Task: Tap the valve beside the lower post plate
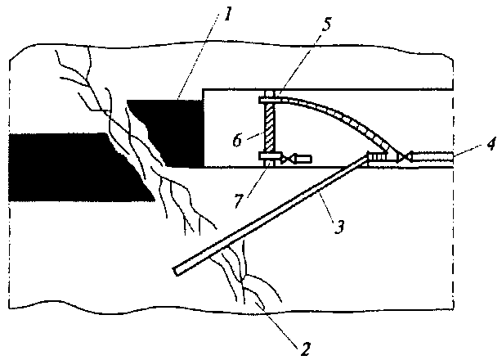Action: coord(288,155)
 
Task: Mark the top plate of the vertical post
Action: coord(268,101)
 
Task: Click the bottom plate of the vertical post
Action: coord(268,155)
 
